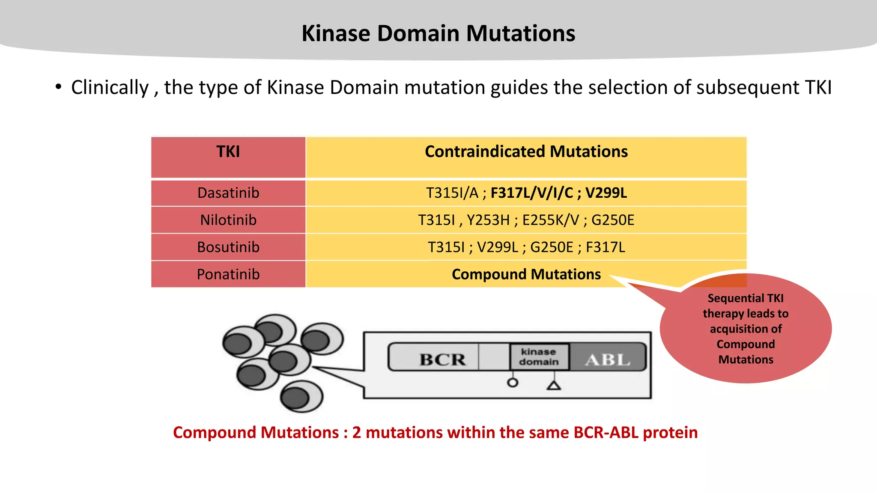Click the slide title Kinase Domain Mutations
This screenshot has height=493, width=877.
click(x=438, y=33)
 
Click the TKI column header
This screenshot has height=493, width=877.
click(x=228, y=152)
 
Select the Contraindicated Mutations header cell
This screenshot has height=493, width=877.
click(x=526, y=152)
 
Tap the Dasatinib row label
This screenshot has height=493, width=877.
click(x=228, y=193)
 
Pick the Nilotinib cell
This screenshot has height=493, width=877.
click(x=228, y=220)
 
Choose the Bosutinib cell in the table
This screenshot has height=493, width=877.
click(x=228, y=247)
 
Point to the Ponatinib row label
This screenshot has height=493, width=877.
click(x=228, y=274)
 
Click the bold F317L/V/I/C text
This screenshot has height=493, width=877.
click(x=531, y=193)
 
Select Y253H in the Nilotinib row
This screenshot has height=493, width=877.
click(x=488, y=220)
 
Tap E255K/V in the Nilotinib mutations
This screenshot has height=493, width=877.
click(x=550, y=220)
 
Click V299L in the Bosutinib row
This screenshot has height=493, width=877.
click(x=498, y=247)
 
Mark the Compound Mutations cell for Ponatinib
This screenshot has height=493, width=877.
click(x=526, y=274)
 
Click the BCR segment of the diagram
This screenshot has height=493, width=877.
click(x=442, y=359)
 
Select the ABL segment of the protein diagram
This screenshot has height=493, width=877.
click(x=607, y=359)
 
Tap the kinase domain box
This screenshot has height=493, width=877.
click(x=539, y=356)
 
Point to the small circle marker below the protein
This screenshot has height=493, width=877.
click(x=513, y=383)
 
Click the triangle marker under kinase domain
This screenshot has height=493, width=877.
click(x=554, y=386)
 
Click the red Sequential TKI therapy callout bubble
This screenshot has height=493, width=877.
click(x=746, y=329)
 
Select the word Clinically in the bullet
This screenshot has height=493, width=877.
click(x=110, y=88)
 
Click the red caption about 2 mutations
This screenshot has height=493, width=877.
click(x=435, y=433)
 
